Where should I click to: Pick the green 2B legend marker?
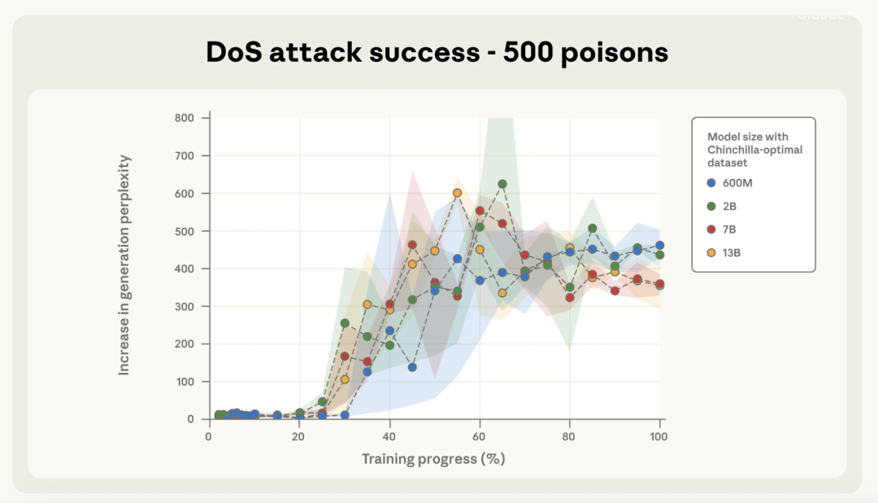712,206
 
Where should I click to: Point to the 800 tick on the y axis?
185,118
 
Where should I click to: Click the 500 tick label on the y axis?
185,231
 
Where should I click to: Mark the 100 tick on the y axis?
185,382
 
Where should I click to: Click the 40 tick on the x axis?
389,436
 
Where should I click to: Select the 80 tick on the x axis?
569,436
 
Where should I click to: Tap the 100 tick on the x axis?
658,436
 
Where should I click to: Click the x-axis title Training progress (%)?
433,459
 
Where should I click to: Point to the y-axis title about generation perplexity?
124,265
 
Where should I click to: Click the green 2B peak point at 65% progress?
502,184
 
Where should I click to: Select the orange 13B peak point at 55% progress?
457,193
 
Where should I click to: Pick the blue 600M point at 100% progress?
659,245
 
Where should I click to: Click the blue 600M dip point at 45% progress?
412,367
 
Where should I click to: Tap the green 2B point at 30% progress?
345,323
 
